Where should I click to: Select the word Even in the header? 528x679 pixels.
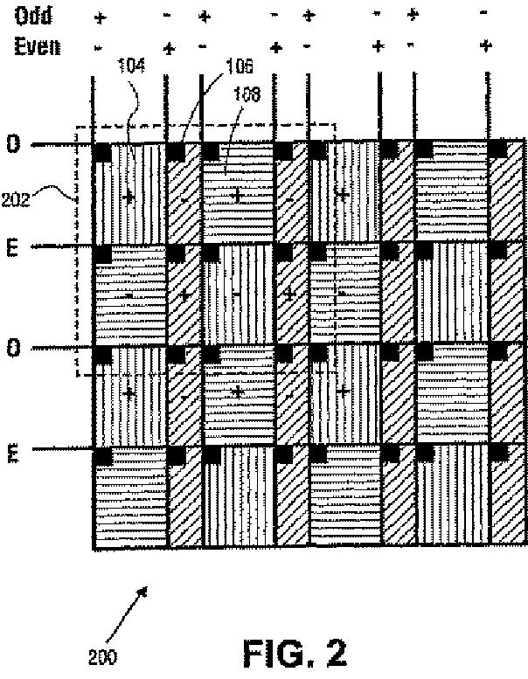36,46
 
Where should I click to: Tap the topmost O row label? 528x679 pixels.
13,144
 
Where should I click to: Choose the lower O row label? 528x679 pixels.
13,349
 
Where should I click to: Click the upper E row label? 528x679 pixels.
13,247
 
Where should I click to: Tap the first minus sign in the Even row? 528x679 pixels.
99,46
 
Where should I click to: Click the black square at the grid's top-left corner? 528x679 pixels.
101,150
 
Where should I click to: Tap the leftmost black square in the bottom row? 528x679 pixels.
101,456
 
